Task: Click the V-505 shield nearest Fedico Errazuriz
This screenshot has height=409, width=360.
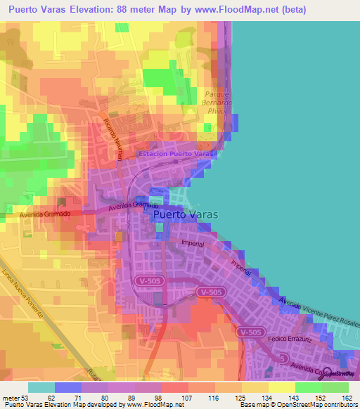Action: (250, 332)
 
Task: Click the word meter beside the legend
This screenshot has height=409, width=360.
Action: (11, 397)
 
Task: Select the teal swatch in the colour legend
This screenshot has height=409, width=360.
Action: (41, 387)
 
